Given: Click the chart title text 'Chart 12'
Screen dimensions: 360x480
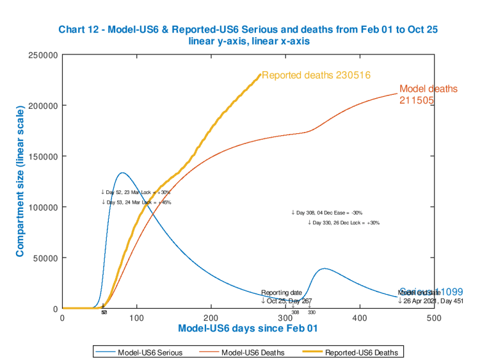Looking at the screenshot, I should pyautogui.click(x=79, y=29).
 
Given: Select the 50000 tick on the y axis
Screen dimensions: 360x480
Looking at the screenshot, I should pyautogui.click(x=46, y=258).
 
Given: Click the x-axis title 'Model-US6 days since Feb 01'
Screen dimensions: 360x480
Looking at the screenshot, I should pyautogui.click(x=248, y=329).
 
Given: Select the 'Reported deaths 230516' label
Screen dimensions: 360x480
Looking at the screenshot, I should pyautogui.click(x=316, y=75).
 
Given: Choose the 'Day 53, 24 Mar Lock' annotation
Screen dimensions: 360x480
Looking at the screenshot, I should pyautogui.click(x=136, y=202).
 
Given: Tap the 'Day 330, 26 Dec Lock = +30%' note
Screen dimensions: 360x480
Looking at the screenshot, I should pyautogui.click(x=344, y=223).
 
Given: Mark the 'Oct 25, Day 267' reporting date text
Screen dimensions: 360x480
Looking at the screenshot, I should pyautogui.click(x=286, y=300).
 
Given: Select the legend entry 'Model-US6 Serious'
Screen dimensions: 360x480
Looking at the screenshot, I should pyautogui.click(x=147, y=352).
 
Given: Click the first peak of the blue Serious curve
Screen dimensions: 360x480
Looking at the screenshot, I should pyautogui.click(x=122, y=173).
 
